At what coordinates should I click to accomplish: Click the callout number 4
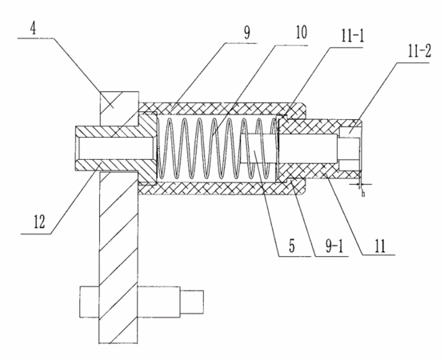pyautogui.click(x=34, y=29)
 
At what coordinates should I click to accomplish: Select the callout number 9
pyautogui.click(x=247, y=33)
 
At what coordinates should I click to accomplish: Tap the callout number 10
pyautogui.click(x=301, y=33)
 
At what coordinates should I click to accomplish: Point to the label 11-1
pyautogui.click(x=352, y=36)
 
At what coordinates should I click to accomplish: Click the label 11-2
pyautogui.click(x=419, y=52)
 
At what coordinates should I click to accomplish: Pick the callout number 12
pyautogui.click(x=39, y=222)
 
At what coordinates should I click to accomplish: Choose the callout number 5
pyautogui.click(x=292, y=246)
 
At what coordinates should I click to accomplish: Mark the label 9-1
pyautogui.click(x=334, y=246)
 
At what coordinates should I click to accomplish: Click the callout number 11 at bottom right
pyautogui.click(x=380, y=246)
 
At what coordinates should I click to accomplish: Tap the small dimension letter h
pyautogui.click(x=363, y=194)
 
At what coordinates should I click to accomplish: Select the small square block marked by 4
pyautogui.click(x=119, y=109)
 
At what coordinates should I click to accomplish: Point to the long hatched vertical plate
pyautogui.click(x=118, y=257)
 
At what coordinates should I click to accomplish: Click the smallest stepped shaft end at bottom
pyautogui.click(x=192, y=302)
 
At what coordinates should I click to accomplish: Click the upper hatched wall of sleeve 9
pyautogui.click(x=222, y=109)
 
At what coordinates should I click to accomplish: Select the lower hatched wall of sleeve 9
pyautogui.click(x=222, y=189)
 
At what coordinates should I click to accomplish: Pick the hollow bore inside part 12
pyautogui.click(x=117, y=149)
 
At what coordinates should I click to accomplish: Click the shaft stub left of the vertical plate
pyautogui.click(x=90, y=302)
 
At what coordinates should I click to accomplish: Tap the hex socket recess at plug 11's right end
pyautogui.click(x=349, y=149)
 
